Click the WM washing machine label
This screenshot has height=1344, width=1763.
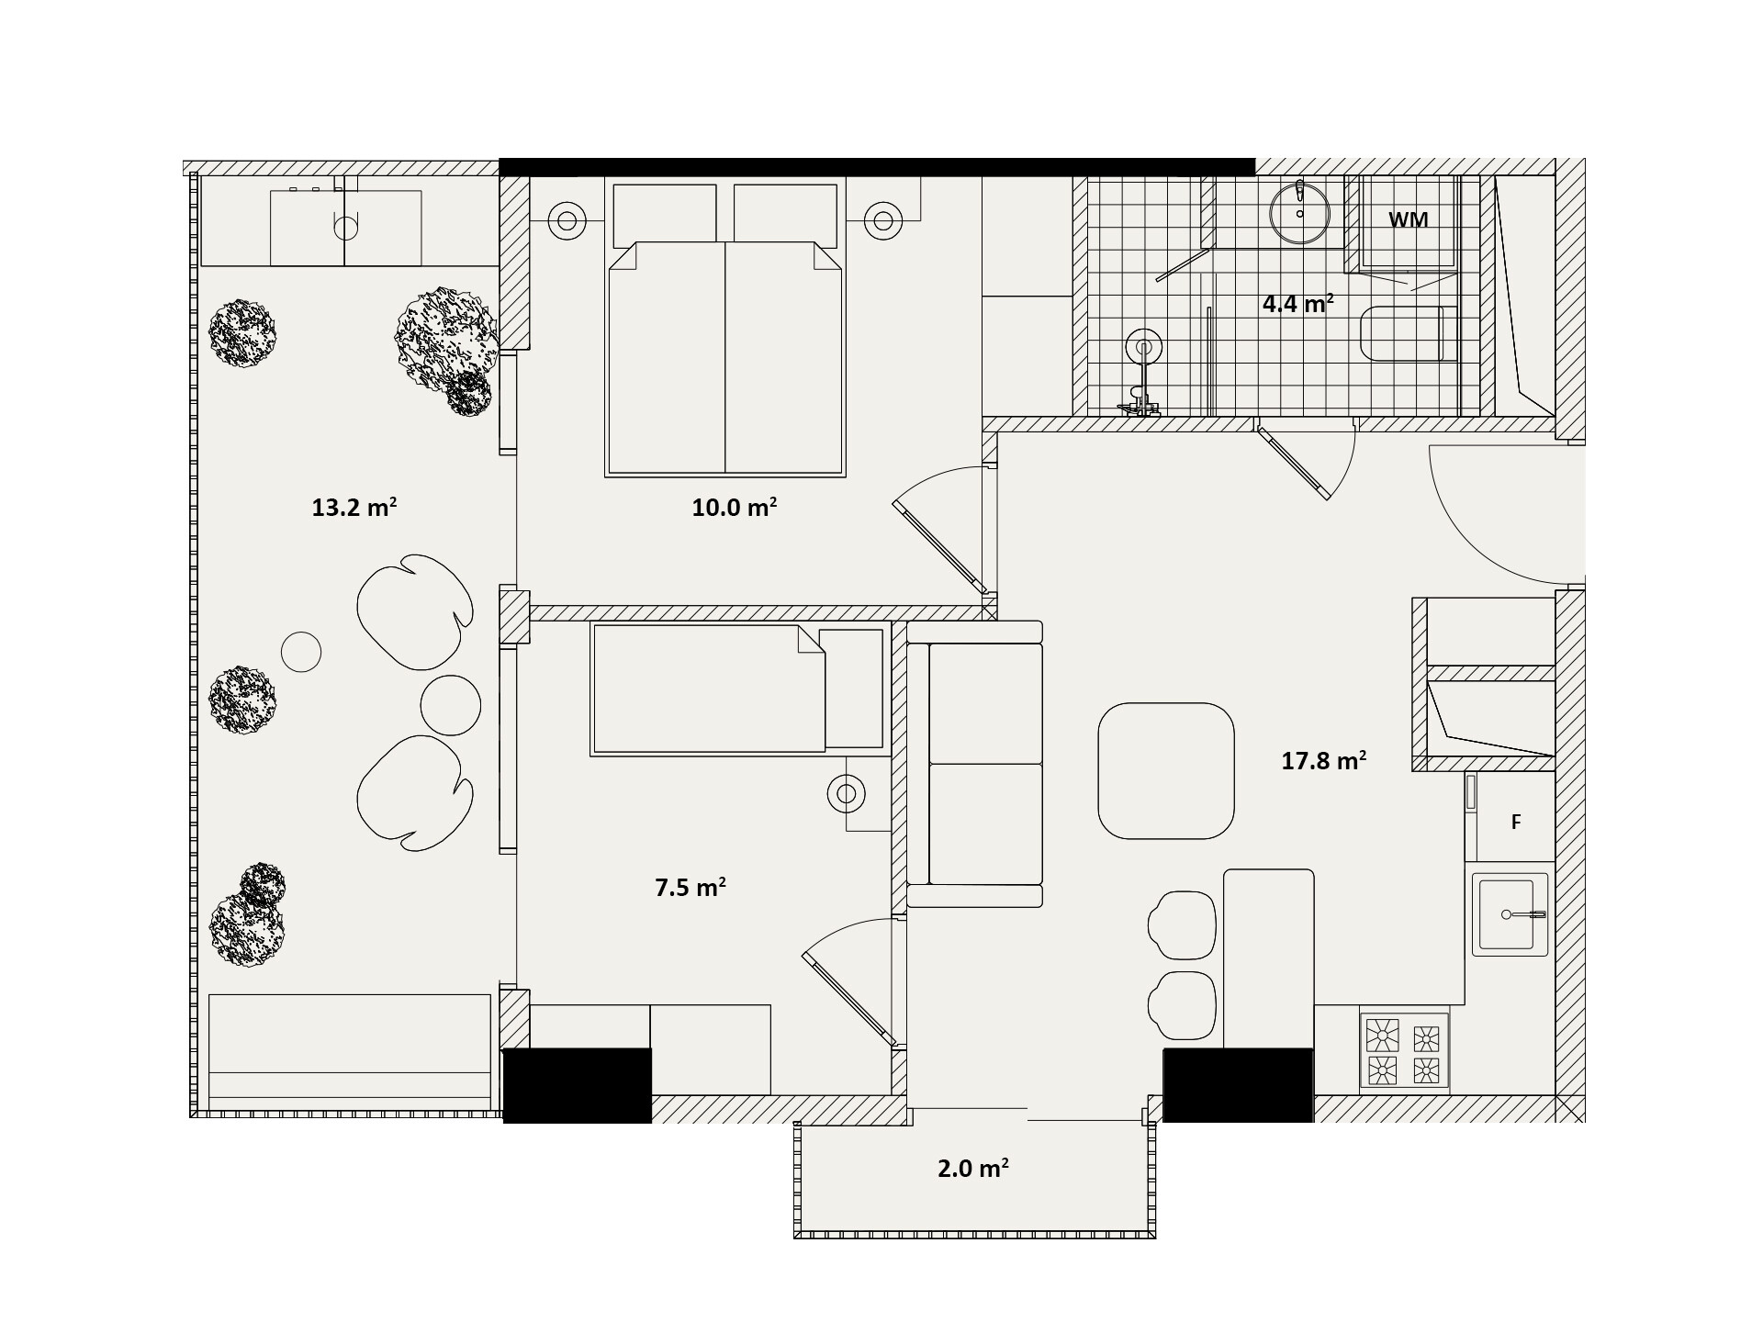pos(1408,220)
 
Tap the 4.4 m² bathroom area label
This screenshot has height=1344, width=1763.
pos(1297,303)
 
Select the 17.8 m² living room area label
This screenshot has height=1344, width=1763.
pos(1323,760)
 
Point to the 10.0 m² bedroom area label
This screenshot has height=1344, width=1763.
pos(735,507)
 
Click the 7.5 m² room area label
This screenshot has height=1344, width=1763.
pos(691,887)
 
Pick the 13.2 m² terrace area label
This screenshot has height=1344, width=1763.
pos(354,507)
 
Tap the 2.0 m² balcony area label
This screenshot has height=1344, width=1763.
pos(973,1169)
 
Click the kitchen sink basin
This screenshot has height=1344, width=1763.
pos(1510,914)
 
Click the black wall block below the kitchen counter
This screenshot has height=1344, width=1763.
pos(1238,1085)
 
